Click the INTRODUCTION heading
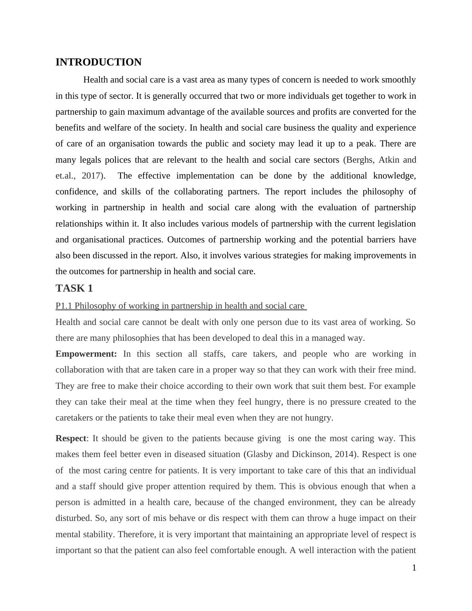tap(98, 62)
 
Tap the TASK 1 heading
tap(74, 288)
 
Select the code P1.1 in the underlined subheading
tap(64, 306)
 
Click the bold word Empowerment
tap(86, 354)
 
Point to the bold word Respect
tap(71, 438)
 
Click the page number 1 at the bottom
tap(414, 568)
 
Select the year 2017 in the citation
tap(91, 176)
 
